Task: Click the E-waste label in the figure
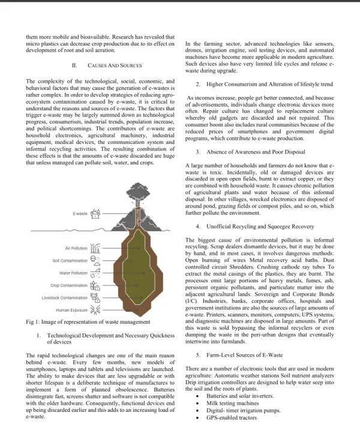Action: [x=80, y=213]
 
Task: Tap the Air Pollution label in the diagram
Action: [x=76, y=248]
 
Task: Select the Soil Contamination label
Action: [x=70, y=261]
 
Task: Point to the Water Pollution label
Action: [x=73, y=273]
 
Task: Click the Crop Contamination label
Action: [x=69, y=285]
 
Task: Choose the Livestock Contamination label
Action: [x=65, y=297]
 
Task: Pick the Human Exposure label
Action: [x=72, y=310]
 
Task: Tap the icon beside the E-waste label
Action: [x=95, y=213]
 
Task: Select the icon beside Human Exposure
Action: [x=95, y=310]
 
